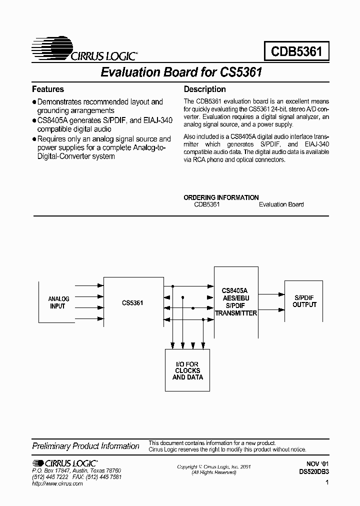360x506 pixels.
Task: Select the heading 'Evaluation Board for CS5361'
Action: [181, 72]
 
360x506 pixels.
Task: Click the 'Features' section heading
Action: [48, 89]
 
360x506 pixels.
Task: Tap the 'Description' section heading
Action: [205, 89]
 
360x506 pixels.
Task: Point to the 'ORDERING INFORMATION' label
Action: [221, 197]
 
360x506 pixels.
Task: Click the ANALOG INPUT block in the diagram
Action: [58, 302]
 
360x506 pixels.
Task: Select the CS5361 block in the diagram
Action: [132, 302]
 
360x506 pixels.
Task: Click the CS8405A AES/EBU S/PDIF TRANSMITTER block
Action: [236, 302]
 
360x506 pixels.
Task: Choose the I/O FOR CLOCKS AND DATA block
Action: [187, 370]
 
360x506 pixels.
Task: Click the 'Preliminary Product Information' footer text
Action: [85, 446]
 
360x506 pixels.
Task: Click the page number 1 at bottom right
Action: [326, 483]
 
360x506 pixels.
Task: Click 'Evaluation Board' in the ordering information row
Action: [281, 204]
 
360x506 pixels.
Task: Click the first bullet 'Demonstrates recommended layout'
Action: [100, 102]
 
